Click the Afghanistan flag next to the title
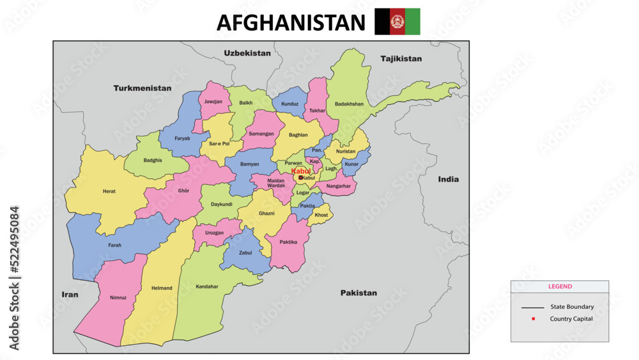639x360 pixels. pyautogui.click(x=397, y=21)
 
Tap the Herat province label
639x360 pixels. pyautogui.click(x=109, y=191)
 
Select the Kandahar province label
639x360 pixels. pyautogui.click(x=207, y=286)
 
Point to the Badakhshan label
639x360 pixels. pyautogui.click(x=349, y=104)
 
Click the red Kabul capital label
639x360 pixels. pyautogui.click(x=301, y=171)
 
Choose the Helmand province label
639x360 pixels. pyautogui.click(x=162, y=288)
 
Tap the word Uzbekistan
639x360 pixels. pyautogui.click(x=247, y=53)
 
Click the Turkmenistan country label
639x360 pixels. pyautogui.click(x=142, y=88)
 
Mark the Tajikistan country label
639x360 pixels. pyautogui.click(x=401, y=59)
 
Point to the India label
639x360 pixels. pyautogui.click(x=448, y=179)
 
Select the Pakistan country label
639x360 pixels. pyautogui.click(x=358, y=293)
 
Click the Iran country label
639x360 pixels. pyautogui.click(x=70, y=294)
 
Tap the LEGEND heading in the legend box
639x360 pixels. pyautogui.click(x=560, y=286)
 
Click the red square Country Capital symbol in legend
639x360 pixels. pyautogui.click(x=532, y=318)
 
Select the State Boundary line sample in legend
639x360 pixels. pyautogui.click(x=532, y=307)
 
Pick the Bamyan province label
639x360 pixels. pyautogui.click(x=249, y=164)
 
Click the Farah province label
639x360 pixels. pyautogui.click(x=115, y=245)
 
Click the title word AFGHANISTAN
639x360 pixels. pyautogui.click(x=291, y=22)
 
